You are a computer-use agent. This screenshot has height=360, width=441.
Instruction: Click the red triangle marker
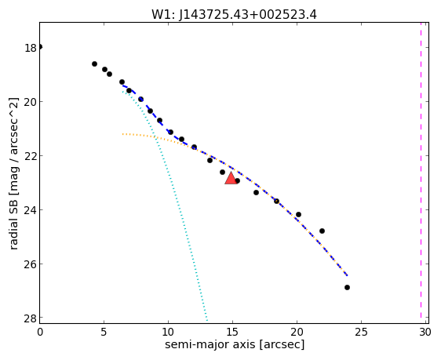[x=231, y=178]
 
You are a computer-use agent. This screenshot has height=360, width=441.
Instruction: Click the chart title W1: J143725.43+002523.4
[x=234, y=14]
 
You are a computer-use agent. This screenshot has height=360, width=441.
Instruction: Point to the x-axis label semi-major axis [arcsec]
[x=235, y=344]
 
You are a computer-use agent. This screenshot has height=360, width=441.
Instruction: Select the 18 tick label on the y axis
[x=31, y=48]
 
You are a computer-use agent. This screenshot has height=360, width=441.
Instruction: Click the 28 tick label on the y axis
[x=31, y=318]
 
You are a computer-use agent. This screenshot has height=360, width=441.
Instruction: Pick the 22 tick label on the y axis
[x=31, y=156]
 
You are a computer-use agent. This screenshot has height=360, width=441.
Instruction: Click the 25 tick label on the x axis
[x=361, y=333]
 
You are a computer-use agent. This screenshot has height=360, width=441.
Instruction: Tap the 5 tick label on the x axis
[x=104, y=333]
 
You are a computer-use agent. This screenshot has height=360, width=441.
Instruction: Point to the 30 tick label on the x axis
[x=425, y=333]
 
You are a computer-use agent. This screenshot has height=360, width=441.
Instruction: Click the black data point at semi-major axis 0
[x=40, y=46]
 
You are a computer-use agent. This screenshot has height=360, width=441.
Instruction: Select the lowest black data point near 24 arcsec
[x=347, y=287]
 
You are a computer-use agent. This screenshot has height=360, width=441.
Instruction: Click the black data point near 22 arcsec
[x=322, y=231]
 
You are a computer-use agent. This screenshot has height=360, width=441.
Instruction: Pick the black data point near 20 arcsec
[x=298, y=214]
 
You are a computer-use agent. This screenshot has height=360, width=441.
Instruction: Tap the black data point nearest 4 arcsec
[x=94, y=64]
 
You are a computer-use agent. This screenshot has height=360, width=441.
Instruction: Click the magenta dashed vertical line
[x=421, y=170]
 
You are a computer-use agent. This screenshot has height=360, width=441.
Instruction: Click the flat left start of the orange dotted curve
[x=123, y=134]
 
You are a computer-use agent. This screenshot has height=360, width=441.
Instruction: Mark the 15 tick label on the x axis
[x=232, y=333]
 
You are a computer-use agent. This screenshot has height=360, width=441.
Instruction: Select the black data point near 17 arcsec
[x=256, y=192]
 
